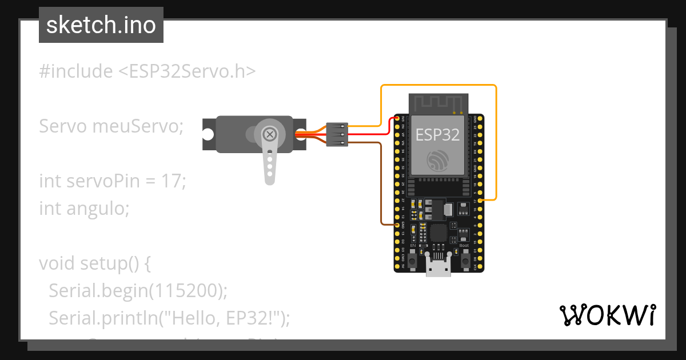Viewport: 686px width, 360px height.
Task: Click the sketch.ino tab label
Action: [101, 25]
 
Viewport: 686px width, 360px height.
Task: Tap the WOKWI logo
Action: [608, 315]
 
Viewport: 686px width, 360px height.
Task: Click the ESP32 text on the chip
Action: [437, 135]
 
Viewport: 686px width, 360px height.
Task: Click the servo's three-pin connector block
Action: [337, 134]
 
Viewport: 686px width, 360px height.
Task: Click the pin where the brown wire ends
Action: [398, 225]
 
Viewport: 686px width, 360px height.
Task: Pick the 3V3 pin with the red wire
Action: [398, 118]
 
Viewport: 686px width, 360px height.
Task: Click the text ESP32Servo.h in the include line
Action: [187, 71]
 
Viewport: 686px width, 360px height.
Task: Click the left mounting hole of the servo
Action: [208, 134]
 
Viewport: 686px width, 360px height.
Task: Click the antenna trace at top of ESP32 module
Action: [437, 103]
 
